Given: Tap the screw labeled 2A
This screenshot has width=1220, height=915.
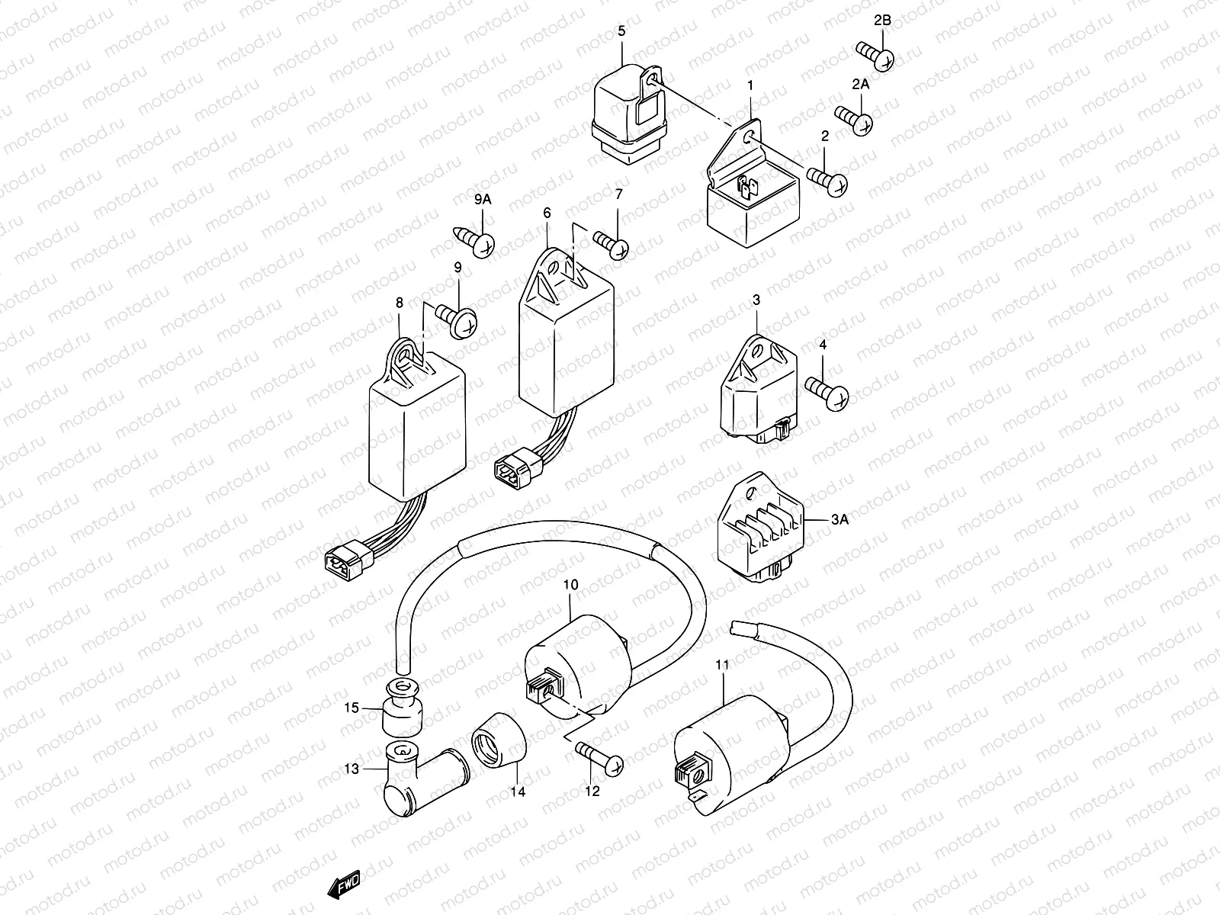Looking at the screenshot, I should point(855,120).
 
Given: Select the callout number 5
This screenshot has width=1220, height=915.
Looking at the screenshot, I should point(621,30).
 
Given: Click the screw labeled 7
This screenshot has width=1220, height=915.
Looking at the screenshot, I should point(611,246).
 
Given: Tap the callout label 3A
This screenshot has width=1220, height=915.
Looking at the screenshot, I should point(839,520).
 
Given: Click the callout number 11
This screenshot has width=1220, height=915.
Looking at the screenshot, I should point(722,665).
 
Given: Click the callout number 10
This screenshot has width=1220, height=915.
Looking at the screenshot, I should point(570,585).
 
